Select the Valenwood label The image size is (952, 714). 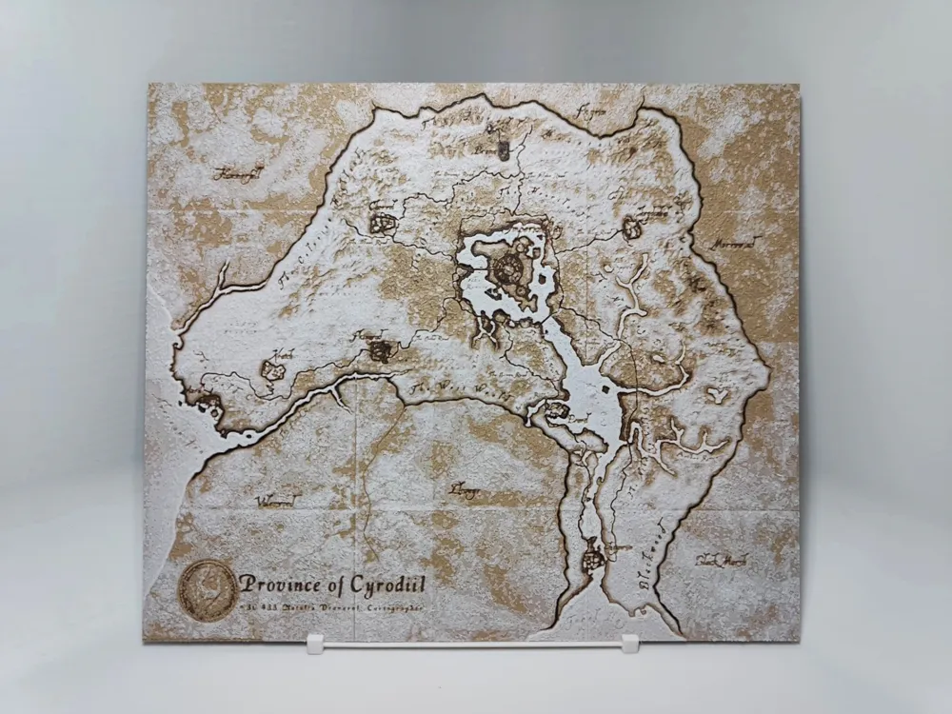(x=278, y=497)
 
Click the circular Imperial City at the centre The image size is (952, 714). (x=504, y=264)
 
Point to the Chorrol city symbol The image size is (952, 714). (x=383, y=222)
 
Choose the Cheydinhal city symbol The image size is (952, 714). (x=631, y=228)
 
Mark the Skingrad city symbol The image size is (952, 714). (x=381, y=350)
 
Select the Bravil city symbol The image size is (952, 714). (x=554, y=411)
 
